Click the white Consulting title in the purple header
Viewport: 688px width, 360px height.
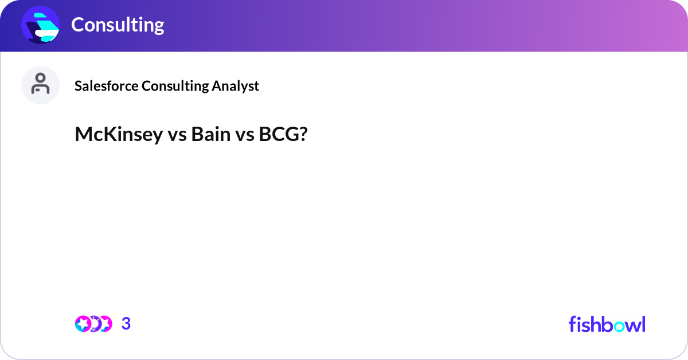pos(118,25)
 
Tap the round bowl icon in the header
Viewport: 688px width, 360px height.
pos(41,25)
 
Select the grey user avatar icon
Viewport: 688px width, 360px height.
pos(40,85)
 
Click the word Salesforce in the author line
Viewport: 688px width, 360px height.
pos(107,86)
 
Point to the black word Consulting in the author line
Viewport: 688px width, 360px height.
pos(175,86)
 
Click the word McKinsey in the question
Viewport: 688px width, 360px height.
pos(119,135)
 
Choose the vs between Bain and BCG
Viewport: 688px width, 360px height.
pos(244,135)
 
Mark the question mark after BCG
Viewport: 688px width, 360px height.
pos(303,135)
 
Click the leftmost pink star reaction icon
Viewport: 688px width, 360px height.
pos(84,324)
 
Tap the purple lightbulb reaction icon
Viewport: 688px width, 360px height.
pos(94,324)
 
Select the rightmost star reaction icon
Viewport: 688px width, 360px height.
pos(104,324)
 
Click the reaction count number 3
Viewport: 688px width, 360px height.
pos(126,324)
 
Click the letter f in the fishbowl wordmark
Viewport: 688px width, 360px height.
pos(572,324)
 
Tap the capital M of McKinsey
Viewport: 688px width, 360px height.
pos(83,135)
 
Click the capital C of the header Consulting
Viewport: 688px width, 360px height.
pos(77,25)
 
